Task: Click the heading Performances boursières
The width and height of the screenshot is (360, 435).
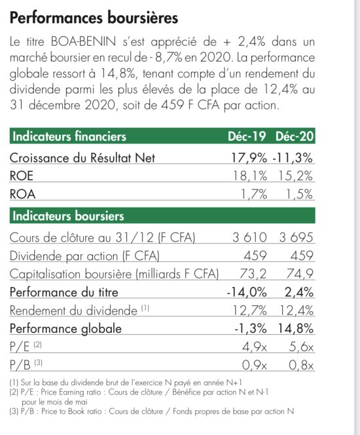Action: [x=94, y=18]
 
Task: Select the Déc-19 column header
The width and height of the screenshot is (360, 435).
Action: [x=247, y=136]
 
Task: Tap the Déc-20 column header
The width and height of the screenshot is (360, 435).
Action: [x=295, y=136]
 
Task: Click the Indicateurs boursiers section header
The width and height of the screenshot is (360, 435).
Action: [x=68, y=216]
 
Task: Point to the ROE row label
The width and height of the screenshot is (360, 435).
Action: [x=22, y=176]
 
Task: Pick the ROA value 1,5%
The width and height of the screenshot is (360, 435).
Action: [x=299, y=194]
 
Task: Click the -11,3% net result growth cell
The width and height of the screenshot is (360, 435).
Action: [x=293, y=158]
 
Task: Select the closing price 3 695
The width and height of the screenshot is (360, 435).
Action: [x=296, y=237]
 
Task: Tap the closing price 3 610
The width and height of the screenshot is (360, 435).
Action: [x=249, y=237]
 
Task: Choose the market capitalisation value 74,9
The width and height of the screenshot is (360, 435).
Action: [x=300, y=274]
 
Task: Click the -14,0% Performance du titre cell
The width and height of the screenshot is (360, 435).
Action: [x=247, y=292]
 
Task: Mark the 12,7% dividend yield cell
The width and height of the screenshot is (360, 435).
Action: [x=249, y=311]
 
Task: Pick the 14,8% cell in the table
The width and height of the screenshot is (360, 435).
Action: [x=296, y=329]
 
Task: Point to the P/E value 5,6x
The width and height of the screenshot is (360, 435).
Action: [x=301, y=347]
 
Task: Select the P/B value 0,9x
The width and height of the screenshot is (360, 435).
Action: [x=255, y=365]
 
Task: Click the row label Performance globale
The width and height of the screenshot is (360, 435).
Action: [x=65, y=329]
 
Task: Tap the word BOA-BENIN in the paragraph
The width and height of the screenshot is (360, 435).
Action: [x=83, y=42]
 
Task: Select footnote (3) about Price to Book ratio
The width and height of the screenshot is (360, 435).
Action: [x=152, y=411]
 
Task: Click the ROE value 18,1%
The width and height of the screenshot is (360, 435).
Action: [x=249, y=176]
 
